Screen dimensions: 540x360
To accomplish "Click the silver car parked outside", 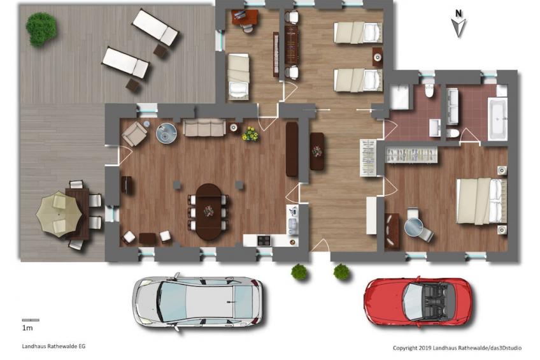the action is (197, 302).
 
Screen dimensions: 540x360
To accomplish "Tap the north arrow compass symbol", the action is (458, 24).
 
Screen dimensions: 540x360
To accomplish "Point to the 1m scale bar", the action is (31, 320).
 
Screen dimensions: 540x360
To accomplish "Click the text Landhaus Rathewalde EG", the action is (53, 346).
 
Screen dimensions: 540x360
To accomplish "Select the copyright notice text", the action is (457, 348).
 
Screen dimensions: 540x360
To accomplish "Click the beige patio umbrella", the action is (59, 214).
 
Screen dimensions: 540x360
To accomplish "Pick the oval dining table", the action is (209, 212).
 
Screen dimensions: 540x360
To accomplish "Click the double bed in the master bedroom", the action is (481, 201).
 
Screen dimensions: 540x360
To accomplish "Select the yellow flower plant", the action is (250, 134).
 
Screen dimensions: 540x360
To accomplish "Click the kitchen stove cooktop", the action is (264, 240).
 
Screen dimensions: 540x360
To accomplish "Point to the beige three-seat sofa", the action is (204, 127).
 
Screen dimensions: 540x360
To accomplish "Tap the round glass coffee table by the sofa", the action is (166, 133).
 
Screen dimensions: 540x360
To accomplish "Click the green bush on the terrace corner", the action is (41, 29).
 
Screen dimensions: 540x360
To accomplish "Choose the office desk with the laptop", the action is (245, 17).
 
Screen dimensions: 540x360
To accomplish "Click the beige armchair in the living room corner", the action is (134, 134).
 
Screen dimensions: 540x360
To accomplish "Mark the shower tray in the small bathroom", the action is (399, 97).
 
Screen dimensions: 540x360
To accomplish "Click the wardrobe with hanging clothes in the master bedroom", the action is (411, 155).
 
